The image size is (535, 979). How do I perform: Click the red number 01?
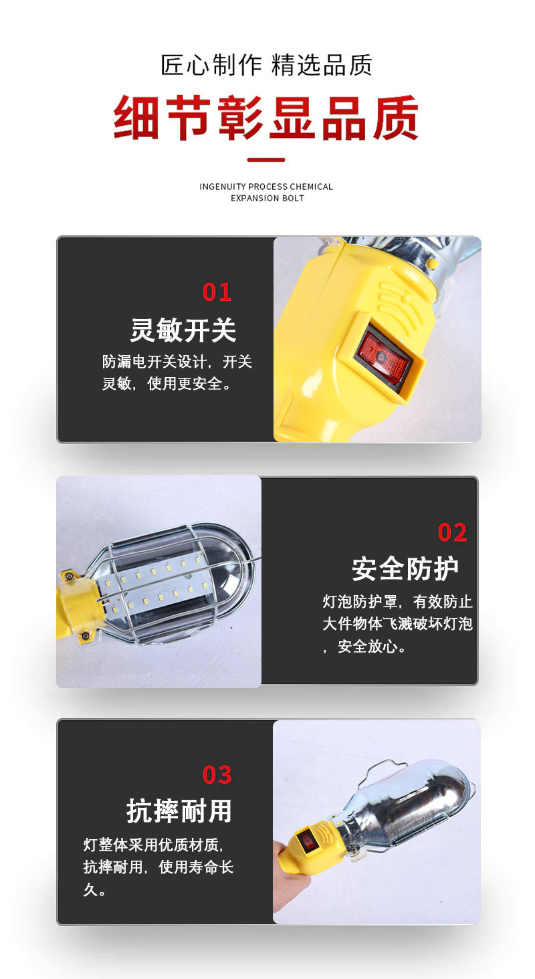coord(217,292)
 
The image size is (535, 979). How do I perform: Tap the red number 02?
coord(452,533)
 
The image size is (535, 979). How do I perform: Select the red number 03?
coord(217,775)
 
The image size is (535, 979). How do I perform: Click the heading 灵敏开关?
coord(183,330)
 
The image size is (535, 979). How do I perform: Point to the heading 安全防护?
coord(405,569)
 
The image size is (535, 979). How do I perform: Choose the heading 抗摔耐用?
coord(179,811)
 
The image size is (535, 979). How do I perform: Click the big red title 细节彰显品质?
coord(266,118)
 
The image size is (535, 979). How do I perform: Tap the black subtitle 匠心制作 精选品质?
coord(266,66)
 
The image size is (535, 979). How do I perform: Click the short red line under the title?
coord(266,160)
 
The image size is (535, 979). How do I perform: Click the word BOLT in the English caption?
coord(292,198)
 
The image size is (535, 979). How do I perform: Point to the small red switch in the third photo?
coord(308,841)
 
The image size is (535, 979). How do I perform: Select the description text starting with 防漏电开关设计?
coord(177,373)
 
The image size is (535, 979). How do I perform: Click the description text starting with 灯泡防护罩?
coord(397,624)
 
